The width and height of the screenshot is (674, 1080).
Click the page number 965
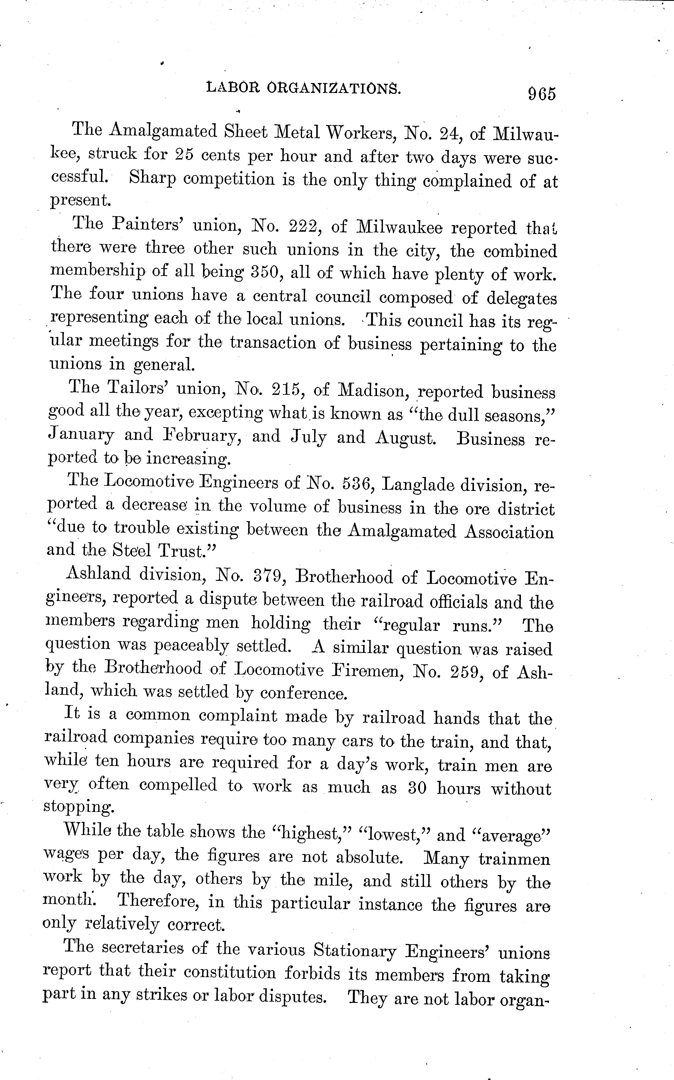point(542,94)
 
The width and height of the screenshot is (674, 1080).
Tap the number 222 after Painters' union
point(304,227)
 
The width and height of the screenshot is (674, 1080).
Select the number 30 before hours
point(417,788)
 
